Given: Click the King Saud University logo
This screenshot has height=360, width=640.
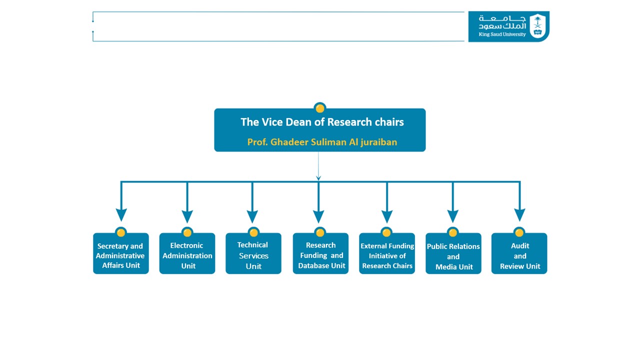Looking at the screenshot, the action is click(508, 26).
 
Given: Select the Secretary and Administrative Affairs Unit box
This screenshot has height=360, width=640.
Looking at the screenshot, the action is click(121, 253).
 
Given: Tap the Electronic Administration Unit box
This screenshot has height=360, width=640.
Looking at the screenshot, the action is click(187, 253).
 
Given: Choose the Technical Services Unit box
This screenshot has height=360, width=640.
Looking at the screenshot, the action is click(253, 253).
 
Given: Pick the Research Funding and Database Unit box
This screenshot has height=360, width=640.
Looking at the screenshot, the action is click(320, 253).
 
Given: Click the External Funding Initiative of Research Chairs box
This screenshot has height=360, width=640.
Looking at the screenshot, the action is click(387, 253).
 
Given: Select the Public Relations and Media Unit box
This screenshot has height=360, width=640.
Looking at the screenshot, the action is click(453, 253).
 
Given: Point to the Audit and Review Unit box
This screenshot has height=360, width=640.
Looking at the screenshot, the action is click(519, 253).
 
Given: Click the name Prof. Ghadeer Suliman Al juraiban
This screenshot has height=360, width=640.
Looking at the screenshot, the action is click(322, 142).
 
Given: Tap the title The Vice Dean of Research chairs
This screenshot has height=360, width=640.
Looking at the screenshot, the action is click(322, 122).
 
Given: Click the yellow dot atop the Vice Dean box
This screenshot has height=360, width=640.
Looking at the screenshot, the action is click(320, 108).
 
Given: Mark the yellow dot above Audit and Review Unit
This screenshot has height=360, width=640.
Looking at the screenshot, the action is click(519, 232).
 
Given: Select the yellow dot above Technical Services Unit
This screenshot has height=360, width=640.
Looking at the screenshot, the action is click(253, 232).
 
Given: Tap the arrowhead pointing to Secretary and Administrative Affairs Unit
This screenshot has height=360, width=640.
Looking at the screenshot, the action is click(121, 215).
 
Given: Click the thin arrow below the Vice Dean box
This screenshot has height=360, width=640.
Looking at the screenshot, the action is click(318, 166).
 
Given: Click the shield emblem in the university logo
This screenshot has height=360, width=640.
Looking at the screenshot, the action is click(537, 25).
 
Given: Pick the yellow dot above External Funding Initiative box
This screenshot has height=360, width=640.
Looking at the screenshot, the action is click(386, 232).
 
